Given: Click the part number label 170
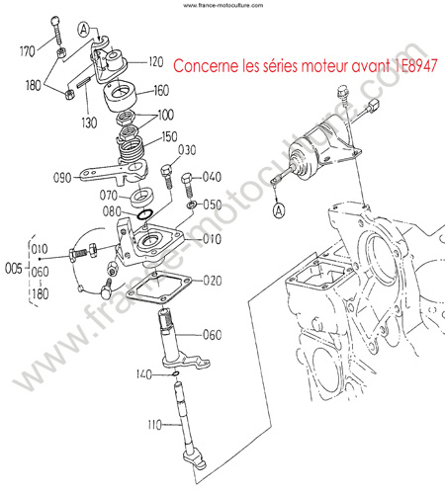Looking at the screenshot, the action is [28, 51].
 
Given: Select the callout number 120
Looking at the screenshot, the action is [156, 61].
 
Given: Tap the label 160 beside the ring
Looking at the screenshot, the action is [161, 90].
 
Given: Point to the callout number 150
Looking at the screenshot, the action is [169, 136].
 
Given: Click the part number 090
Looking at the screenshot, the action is [62, 178].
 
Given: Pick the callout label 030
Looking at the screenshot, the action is [187, 150].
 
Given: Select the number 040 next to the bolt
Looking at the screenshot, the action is [212, 177].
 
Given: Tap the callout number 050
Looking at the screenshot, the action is [213, 205].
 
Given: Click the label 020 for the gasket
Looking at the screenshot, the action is [213, 281].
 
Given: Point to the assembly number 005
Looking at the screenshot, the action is [14, 269].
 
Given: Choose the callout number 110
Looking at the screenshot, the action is [155, 425].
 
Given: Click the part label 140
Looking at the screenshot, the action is [144, 374].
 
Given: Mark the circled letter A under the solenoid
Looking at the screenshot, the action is [279, 210].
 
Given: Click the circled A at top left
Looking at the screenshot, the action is [84, 30].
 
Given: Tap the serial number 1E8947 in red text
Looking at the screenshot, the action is [415, 65].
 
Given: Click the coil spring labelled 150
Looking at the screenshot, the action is [132, 150].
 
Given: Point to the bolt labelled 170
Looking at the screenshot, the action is [56, 30].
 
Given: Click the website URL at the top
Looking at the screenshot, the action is [223, 5].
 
